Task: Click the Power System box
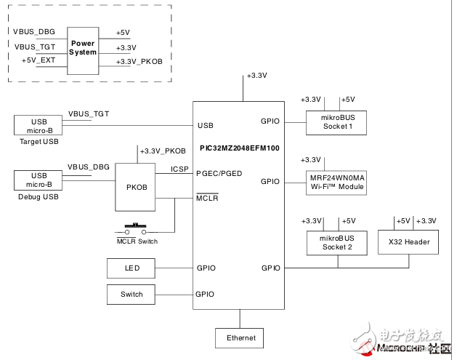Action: [83, 49]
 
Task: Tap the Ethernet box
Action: [240, 338]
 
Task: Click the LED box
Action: [132, 268]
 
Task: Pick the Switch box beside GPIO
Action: [132, 295]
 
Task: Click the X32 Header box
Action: [409, 242]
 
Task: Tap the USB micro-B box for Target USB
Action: [39, 125]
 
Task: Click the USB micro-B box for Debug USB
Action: [39, 180]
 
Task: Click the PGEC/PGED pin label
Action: [219, 173]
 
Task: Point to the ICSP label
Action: [180, 169]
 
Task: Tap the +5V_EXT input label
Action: [39, 60]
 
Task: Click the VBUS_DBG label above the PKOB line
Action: [89, 167]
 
